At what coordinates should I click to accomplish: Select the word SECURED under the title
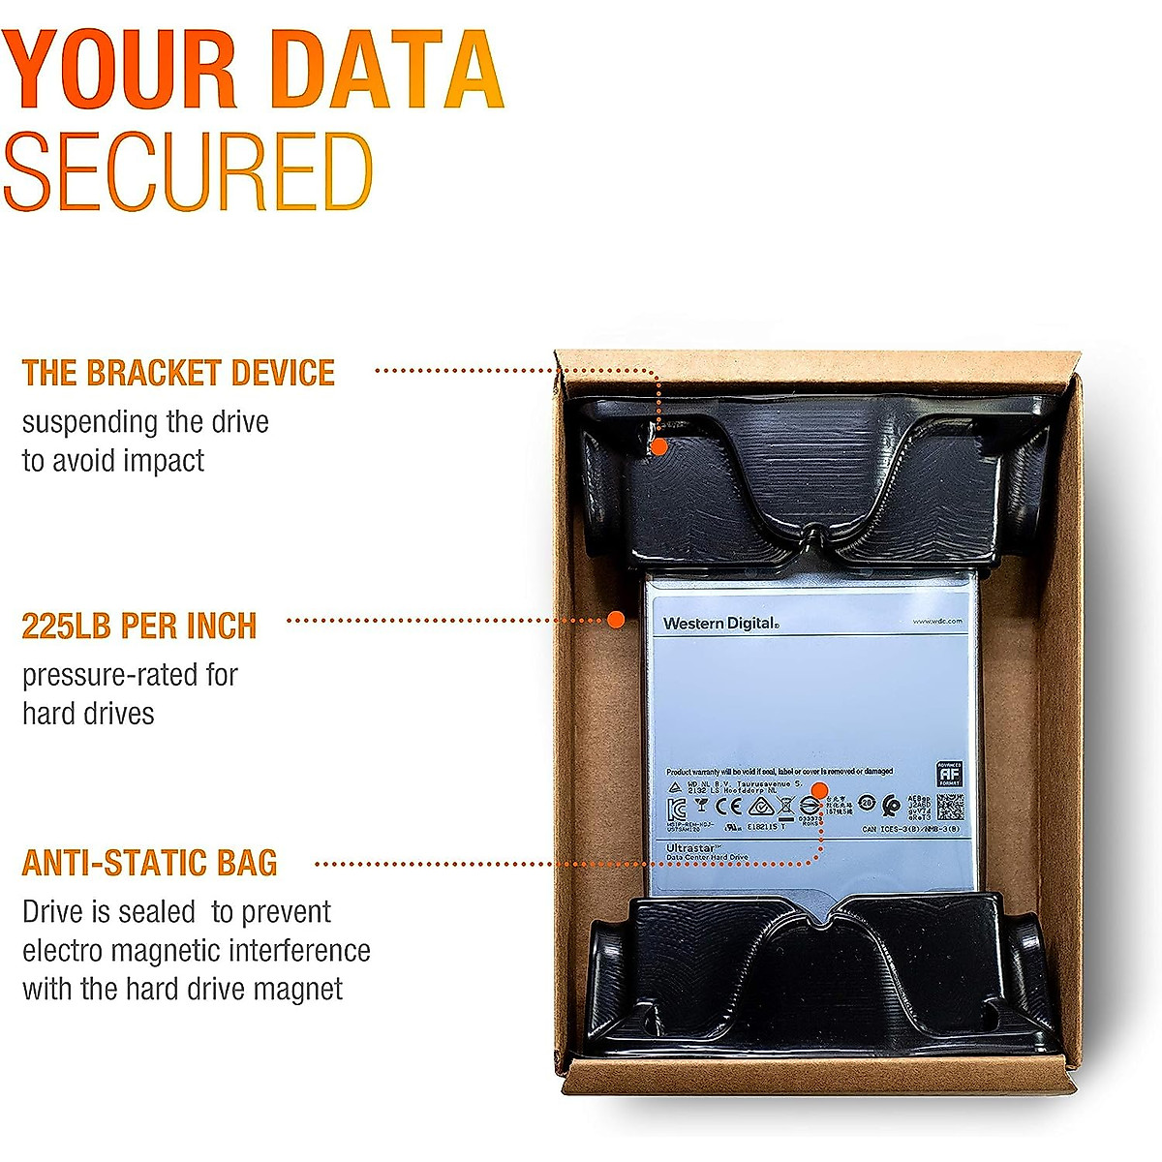tap(189, 172)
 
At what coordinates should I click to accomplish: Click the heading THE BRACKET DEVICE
tap(178, 373)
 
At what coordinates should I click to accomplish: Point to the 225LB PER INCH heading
tap(139, 627)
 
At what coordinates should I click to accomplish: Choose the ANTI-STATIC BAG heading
tap(150, 863)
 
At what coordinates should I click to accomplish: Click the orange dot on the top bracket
tap(658, 446)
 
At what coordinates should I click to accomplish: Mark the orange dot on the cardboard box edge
tap(615, 619)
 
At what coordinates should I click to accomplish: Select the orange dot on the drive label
tap(818, 789)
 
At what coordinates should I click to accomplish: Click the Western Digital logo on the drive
tap(720, 624)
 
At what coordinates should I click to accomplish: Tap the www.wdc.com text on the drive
tap(936, 621)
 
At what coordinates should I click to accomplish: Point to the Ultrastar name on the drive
tap(691, 848)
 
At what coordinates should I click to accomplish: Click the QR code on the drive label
tap(949, 807)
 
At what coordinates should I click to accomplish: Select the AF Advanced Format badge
tap(949, 774)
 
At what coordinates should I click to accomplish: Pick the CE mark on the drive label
tap(728, 806)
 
